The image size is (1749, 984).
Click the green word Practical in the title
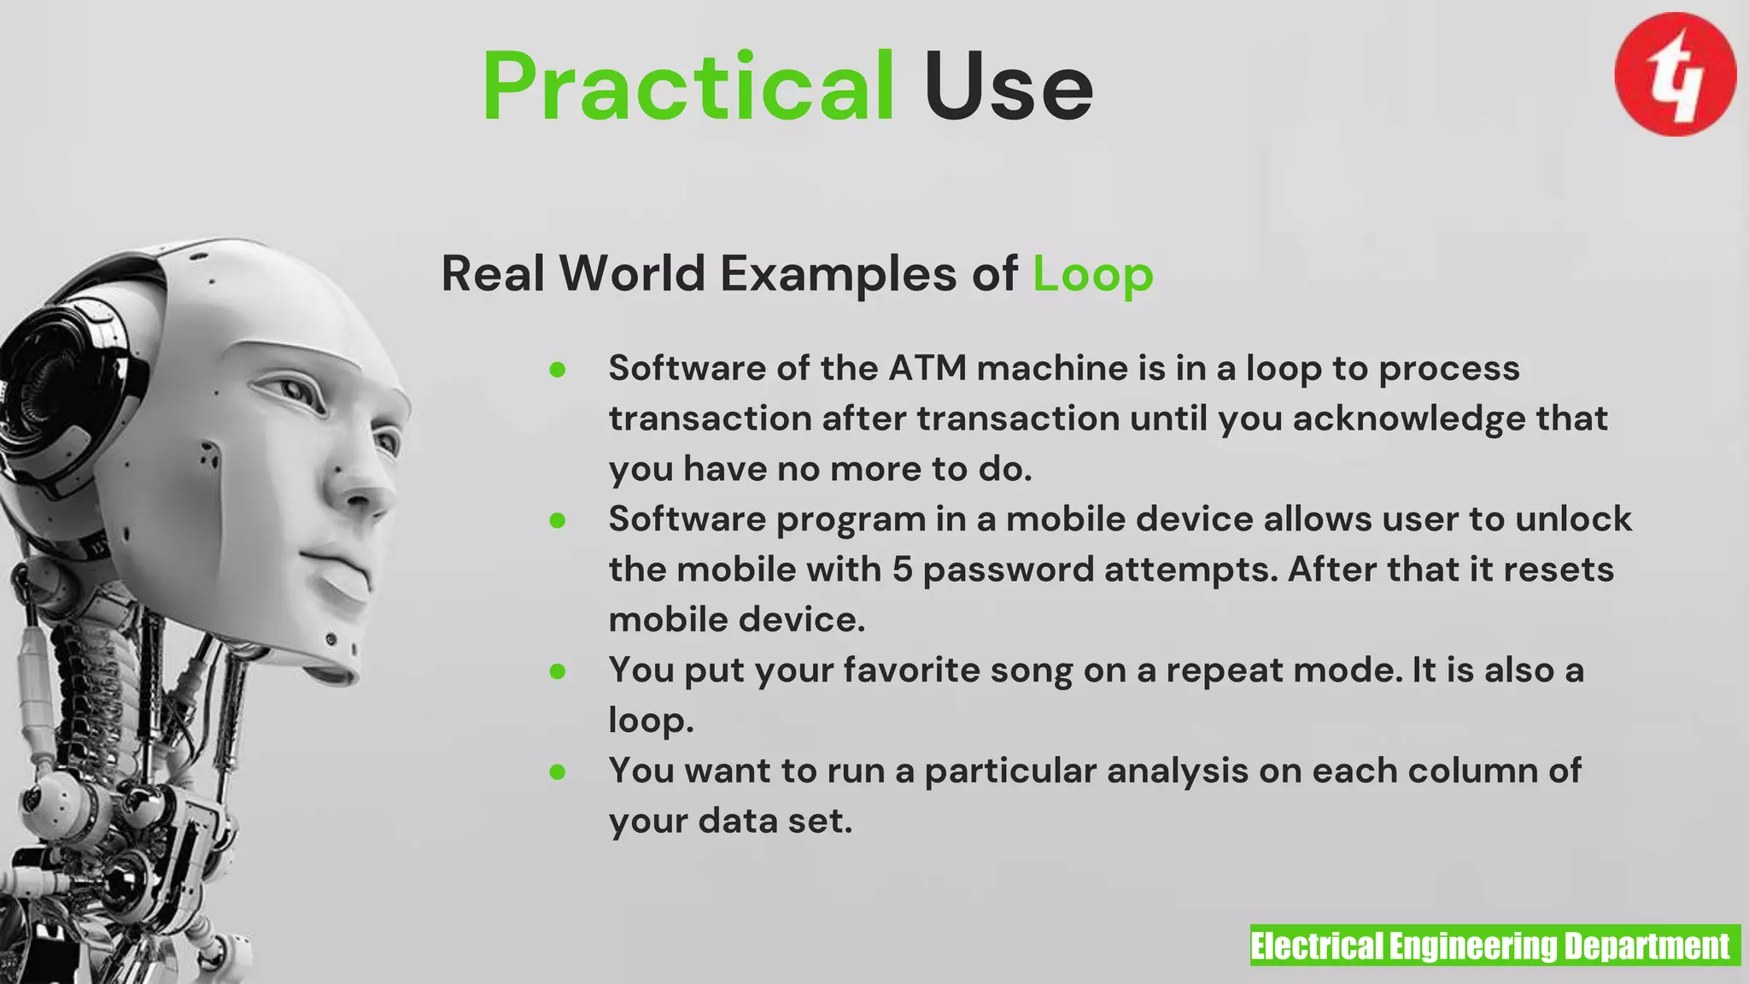coord(688,87)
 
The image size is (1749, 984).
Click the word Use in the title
coord(1008,87)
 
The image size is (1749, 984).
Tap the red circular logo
coord(1675,74)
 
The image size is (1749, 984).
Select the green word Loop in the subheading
coord(1093,275)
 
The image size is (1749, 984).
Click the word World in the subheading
coord(632,274)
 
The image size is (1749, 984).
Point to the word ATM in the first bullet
coord(927,368)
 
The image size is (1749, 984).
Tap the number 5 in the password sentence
coord(903,570)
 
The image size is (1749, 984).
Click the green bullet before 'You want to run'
coord(558,772)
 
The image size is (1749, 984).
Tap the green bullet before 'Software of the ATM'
coord(558,369)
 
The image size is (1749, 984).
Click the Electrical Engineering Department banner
coord(1495,946)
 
